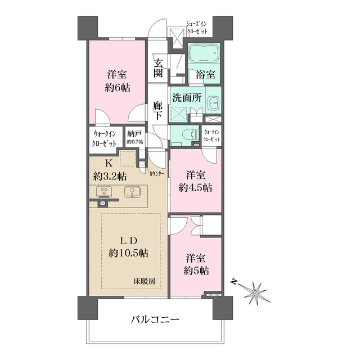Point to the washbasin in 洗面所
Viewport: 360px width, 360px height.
click(214, 103)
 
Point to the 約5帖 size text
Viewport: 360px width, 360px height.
click(196, 271)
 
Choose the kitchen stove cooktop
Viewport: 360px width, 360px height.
click(104, 192)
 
